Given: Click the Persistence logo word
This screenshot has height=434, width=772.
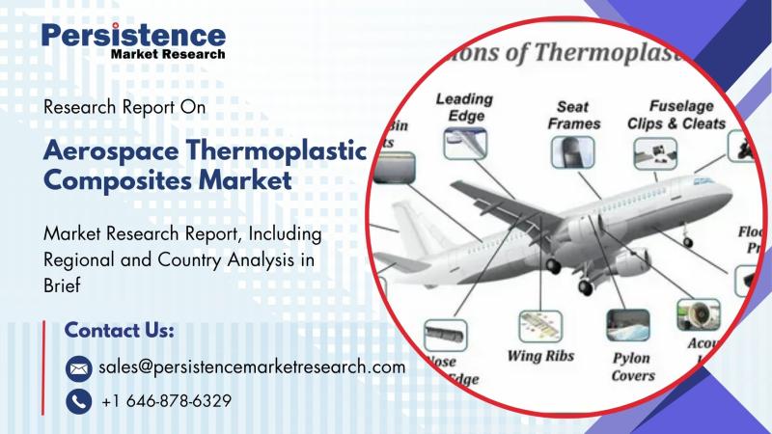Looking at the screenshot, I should [133, 36].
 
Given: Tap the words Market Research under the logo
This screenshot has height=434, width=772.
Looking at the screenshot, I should [168, 55].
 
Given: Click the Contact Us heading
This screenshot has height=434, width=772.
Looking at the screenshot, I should [119, 331].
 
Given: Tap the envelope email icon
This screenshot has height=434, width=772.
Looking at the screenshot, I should [78, 367].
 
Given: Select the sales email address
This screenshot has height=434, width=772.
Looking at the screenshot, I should [252, 367].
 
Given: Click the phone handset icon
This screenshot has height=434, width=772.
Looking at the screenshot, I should [78, 400].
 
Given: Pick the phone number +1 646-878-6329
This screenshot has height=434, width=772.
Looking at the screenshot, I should [166, 400].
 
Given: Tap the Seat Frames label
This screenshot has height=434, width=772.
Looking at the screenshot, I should [574, 115].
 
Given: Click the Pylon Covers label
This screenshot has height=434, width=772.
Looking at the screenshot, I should [632, 366].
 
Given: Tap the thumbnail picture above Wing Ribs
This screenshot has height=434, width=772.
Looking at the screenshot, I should [540, 324].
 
